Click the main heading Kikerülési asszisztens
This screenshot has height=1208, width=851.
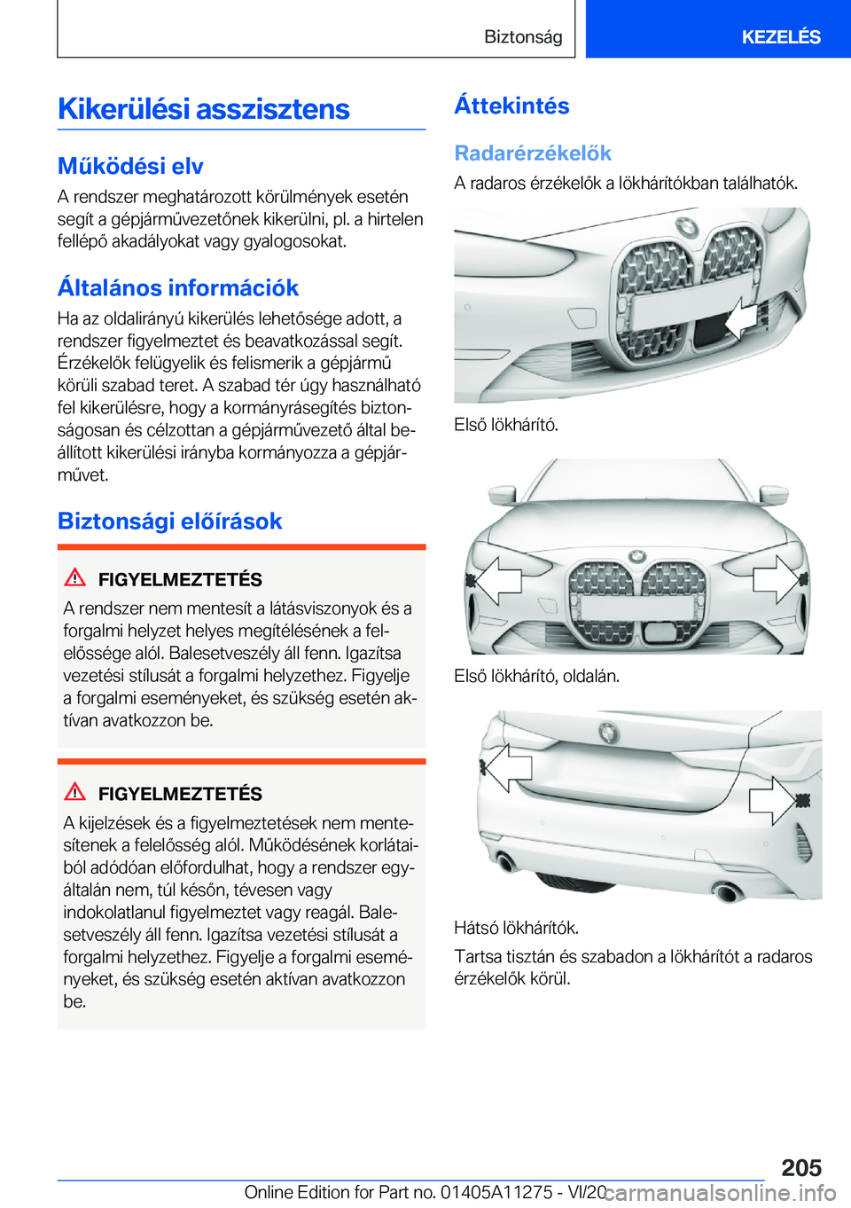point(204,109)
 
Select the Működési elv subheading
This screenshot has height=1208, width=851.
point(130,166)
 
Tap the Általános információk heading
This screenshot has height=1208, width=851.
point(178,287)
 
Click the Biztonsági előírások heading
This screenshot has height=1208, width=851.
point(169,521)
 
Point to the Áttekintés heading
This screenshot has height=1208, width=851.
point(511,106)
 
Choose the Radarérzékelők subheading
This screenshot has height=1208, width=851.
point(533,153)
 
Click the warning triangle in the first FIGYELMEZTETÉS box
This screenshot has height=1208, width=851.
point(75,577)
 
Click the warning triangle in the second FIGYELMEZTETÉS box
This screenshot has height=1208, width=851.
point(75,791)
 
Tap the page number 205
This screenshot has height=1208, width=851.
point(801,1167)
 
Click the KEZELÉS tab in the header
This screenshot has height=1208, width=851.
point(780,36)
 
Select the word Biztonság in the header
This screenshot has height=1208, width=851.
point(523,36)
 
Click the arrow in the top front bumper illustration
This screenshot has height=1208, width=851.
point(739,319)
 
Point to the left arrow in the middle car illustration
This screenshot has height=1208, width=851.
point(496,580)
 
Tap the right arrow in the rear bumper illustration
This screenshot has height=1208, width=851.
point(771,800)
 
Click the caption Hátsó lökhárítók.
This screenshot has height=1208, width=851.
point(516,928)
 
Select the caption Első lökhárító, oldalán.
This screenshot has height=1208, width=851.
point(536,676)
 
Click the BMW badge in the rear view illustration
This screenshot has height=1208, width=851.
point(608,733)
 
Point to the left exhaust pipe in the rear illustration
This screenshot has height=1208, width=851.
point(507,862)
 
